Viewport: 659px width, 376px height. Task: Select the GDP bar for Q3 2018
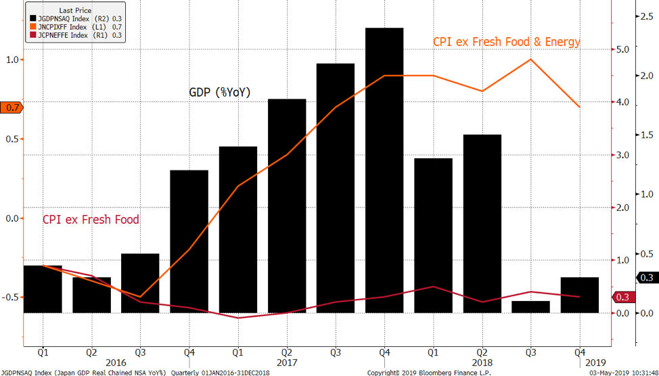(530, 307)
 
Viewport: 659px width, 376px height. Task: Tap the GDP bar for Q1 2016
(43, 289)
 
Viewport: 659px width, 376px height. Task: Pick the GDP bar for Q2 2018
(482, 223)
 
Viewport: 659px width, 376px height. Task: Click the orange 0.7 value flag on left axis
(12, 108)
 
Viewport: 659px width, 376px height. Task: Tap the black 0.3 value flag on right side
(645, 277)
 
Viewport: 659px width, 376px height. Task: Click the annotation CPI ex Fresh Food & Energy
(506, 42)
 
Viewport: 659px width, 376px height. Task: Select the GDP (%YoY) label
(219, 92)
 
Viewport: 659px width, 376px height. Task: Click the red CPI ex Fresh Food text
(91, 220)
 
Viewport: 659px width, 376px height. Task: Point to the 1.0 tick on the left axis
(12, 60)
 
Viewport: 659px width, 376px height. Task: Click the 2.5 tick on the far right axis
(645, 18)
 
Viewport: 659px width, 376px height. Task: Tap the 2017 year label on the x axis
(286, 362)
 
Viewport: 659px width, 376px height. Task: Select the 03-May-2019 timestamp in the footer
(622, 372)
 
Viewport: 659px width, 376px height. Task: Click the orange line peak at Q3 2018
(530, 60)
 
